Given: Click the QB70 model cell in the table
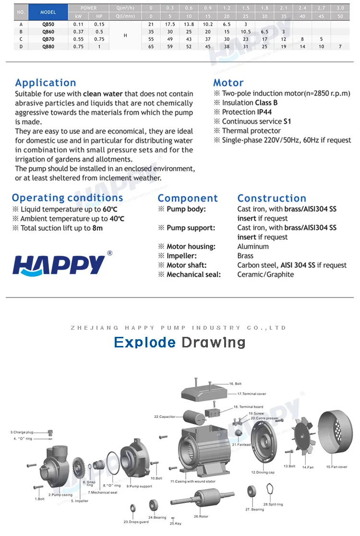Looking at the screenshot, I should pyautogui.click(x=48, y=39).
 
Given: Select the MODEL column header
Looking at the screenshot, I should pyautogui.click(x=48, y=12).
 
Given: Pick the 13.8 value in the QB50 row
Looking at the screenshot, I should pyautogui.click(x=189, y=24).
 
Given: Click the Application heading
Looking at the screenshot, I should pyautogui.click(x=46, y=83).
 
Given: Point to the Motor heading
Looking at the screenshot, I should pyautogui.click(x=228, y=83).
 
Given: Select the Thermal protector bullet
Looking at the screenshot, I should pyautogui.click(x=251, y=131).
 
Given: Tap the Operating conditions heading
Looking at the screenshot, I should pyautogui.click(x=68, y=198).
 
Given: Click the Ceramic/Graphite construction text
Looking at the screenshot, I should pyautogui.click(x=265, y=274).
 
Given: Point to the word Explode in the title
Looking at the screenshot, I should pyautogui.click(x=145, y=342).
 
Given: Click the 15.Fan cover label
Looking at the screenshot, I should pyautogui.click(x=336, y=466).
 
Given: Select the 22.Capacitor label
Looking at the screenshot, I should pyautogui.click(x=165, y=417).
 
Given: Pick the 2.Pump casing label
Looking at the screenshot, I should pyautogui.click(x=60, y=494).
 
